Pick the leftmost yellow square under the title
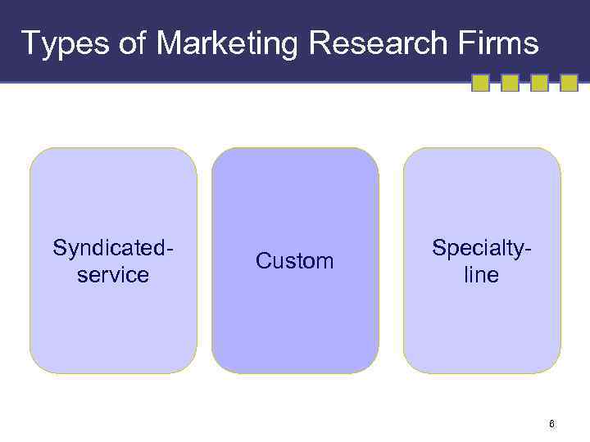coord(481,83)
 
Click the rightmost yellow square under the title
coord(570,83)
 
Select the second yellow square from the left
coord(510,83)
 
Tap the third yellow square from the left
coord(539,83)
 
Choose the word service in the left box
coord(113,274)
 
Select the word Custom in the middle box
coord(295,261)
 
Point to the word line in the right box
coord(481,274)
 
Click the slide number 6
coord(551,423)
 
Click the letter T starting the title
coord(29,43)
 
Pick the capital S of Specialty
coord(438,247)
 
